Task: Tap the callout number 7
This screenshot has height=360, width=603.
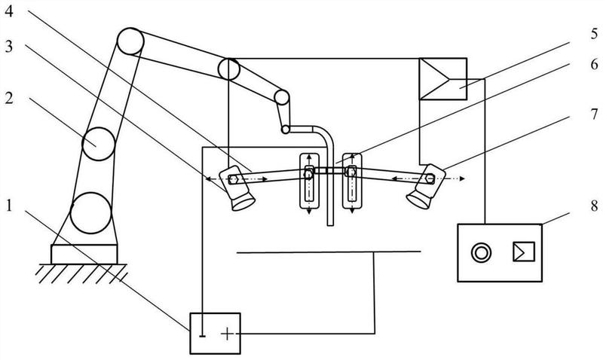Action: (x=594, y=115)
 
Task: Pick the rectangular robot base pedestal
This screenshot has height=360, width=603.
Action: (x=84, y=254)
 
